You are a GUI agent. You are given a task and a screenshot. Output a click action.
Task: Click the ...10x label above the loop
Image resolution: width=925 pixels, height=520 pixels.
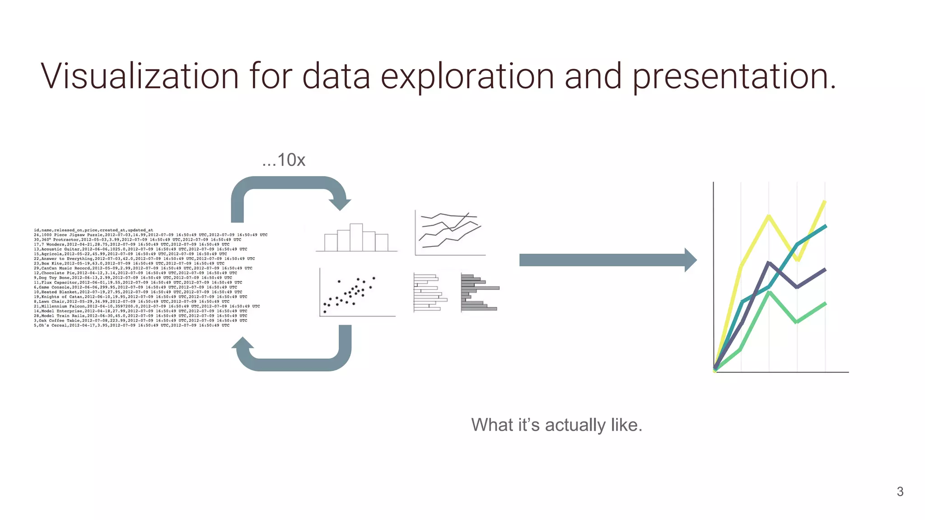(284, 160)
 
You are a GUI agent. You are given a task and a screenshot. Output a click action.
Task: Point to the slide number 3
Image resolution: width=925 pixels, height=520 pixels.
(900, 492)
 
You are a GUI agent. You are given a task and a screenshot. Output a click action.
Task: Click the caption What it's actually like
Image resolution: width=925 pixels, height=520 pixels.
(556, 425)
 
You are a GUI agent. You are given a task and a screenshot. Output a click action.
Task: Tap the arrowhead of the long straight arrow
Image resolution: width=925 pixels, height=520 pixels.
(691, 260)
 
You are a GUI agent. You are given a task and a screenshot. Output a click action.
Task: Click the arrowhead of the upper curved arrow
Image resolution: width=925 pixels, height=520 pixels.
(340, 205)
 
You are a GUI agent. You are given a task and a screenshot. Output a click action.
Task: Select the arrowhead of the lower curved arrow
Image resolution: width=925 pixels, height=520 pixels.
(243, 343)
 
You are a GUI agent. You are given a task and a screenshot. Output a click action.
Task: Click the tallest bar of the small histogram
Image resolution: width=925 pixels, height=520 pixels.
(356, 237)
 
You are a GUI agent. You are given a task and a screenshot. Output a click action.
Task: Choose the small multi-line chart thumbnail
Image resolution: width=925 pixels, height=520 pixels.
(450, 233)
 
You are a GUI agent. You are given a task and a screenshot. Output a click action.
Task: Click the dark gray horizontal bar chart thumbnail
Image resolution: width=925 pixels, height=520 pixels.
(480, 292)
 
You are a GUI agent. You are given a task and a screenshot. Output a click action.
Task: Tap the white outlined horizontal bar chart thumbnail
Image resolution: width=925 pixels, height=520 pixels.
(430, 292)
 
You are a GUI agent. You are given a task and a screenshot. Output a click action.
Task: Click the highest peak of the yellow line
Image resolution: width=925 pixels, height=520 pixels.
(825, 201)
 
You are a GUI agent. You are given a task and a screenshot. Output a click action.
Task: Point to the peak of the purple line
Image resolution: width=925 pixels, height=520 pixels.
(769, 263)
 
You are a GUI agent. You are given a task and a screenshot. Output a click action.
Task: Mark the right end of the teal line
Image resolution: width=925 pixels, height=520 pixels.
(826, 226)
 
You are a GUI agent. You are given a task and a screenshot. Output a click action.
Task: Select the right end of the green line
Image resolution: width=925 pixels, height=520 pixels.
(826, 303)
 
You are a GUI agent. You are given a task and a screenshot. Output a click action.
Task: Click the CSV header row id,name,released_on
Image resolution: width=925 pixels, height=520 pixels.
(93, 230)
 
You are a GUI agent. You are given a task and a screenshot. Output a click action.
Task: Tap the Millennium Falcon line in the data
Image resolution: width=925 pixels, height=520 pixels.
(147, 306)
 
